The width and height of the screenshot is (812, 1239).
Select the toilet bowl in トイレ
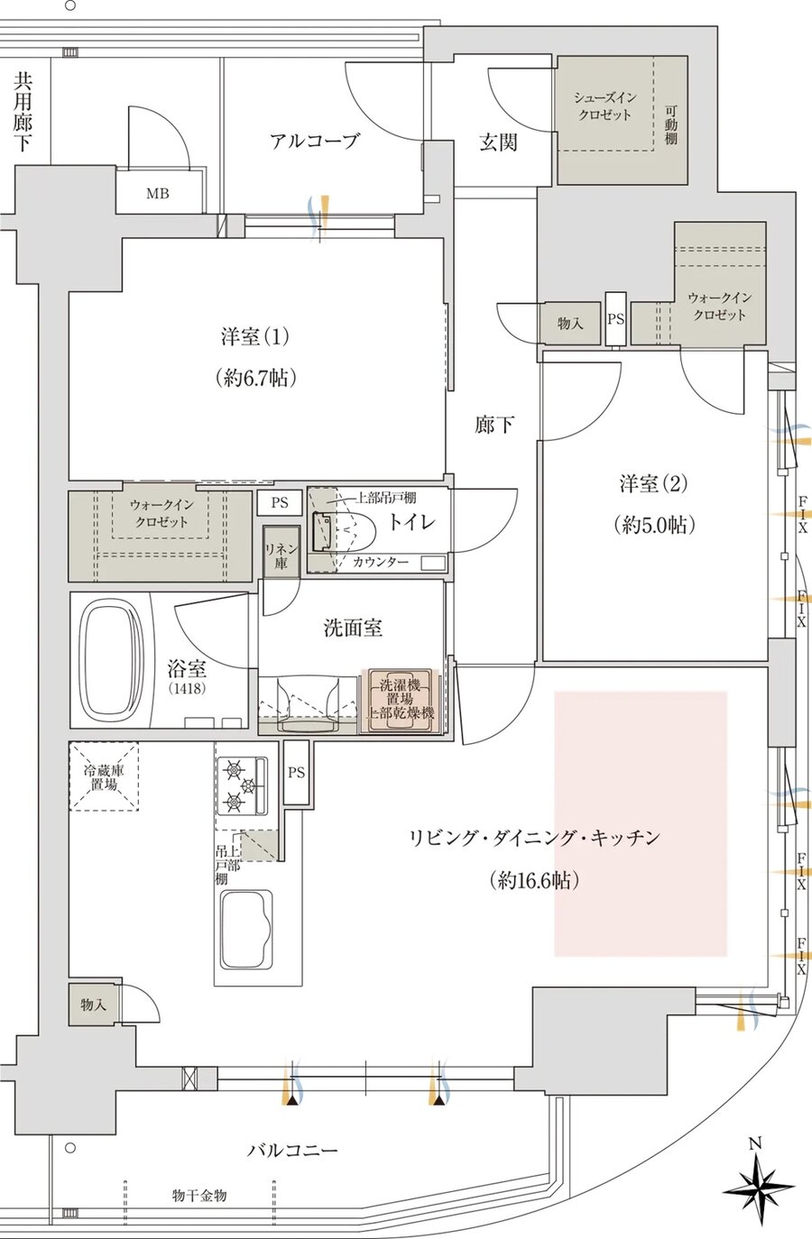click(x=343, y=531)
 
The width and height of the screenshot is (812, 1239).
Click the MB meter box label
click(x=158, y=194)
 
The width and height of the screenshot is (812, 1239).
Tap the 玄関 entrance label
click(x=497, y=142)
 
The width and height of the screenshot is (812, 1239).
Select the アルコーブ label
click(x=314, y=141)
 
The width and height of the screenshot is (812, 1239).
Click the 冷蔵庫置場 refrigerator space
click(x=105, y=776)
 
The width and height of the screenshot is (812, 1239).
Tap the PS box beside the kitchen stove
click(x=296, y=773)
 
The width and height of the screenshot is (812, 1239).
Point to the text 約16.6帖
click(x=535, y=880)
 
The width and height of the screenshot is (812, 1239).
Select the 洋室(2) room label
click(x=652, y=484)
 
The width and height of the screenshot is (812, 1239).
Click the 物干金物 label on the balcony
click(x=199, y=1196)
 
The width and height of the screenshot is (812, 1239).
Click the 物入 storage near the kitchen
click(x=93, y=1005)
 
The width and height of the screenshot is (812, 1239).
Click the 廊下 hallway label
click(x=494, y=425)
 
